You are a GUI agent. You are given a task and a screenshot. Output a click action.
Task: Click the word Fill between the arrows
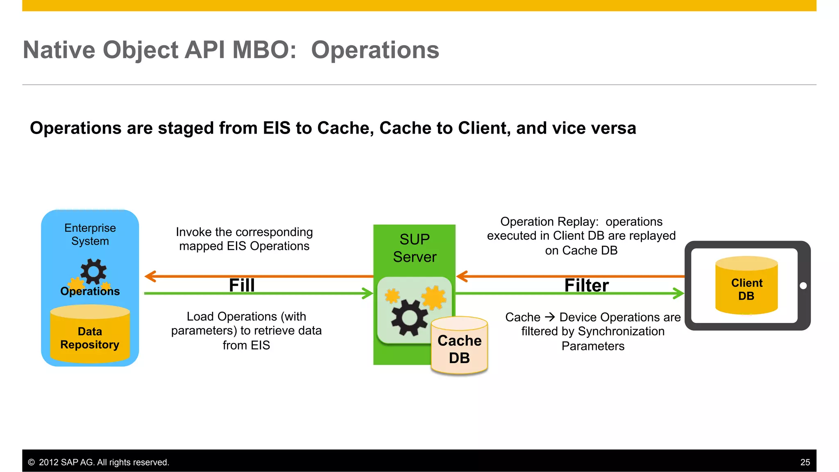(x=242, y=285)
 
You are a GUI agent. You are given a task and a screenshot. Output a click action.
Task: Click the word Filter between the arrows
(x=586, y=285)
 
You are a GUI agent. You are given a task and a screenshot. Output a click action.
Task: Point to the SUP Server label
(x=415, y=248)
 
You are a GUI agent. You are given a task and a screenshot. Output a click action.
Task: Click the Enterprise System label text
(x=90, y=234)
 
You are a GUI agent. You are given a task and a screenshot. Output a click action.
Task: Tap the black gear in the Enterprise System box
(x=93, y=271)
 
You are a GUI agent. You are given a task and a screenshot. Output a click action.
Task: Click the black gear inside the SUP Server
(x=409, y=318)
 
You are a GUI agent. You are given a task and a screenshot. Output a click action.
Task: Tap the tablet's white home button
(x=803, y=286)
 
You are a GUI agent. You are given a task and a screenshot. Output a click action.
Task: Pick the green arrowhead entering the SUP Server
(x=367, y=293)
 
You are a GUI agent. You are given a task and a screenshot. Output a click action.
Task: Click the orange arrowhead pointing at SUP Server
(x=462, y=276)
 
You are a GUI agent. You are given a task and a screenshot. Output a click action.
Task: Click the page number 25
(x=805, y=462)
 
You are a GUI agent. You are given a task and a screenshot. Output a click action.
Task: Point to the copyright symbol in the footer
(x=31, y=462)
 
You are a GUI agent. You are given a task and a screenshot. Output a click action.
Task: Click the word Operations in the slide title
(x=375, y=50)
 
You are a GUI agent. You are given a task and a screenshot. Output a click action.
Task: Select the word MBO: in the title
(x=264, y=50)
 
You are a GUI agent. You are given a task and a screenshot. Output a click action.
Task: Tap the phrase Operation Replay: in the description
(x=549, y=222)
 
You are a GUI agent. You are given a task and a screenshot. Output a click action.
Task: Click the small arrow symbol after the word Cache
(x=550, y=317)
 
